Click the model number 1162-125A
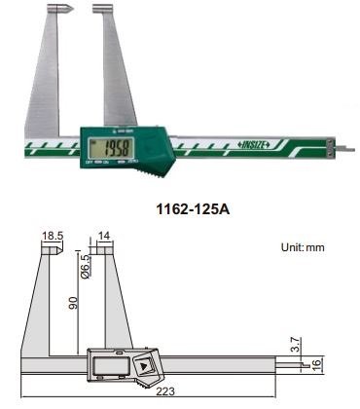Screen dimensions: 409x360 180,207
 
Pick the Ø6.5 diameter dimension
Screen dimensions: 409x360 84,263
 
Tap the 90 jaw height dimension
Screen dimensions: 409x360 71,305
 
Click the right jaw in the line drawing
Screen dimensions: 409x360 107,302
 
